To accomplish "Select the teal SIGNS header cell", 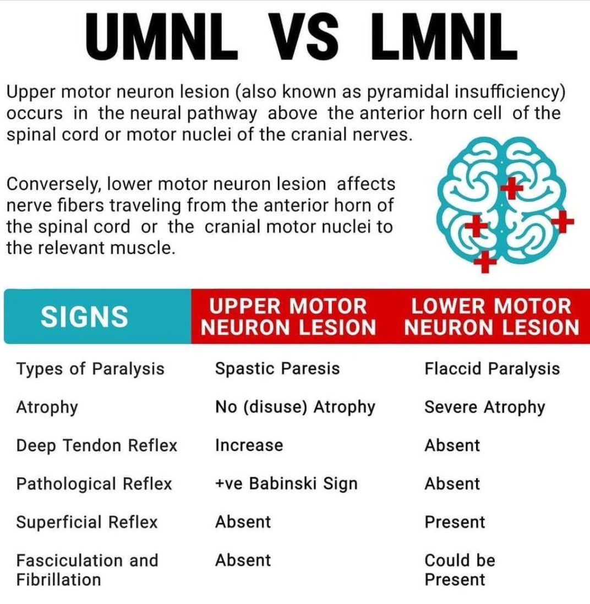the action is pos(98,316).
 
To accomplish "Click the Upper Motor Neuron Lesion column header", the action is pos(288,317).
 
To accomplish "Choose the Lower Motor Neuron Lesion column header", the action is pos(491,317).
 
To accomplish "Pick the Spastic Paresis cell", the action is pos(277,369).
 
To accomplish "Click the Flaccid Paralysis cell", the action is pos(492,369).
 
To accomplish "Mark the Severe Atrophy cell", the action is pos(485,407).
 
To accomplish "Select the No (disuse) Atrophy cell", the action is pos(296,407).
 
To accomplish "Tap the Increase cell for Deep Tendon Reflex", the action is pos(249,445).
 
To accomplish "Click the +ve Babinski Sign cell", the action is pos(287,484).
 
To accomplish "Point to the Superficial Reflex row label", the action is pos(87,523).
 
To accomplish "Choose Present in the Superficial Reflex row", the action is pos(455,523).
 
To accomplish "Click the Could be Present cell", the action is pos(460,570).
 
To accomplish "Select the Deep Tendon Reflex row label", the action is pos(97,445).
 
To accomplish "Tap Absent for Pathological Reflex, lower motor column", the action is pos(452,484).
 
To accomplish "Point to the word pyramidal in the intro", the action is pos(408,92).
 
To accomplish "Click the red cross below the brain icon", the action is pos(485,262).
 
